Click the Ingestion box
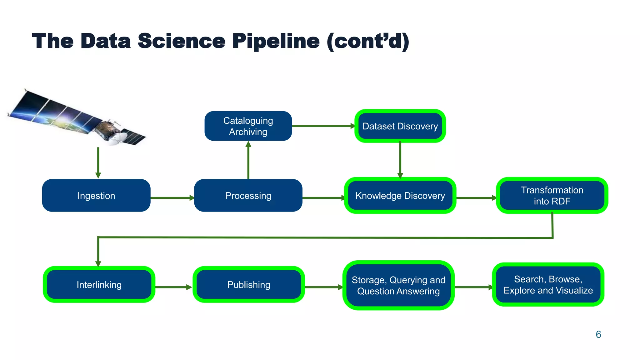(96, 196)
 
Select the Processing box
(248, 196)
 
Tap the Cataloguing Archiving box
(248, 126)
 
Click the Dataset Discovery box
(400, 126)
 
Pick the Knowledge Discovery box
(400, 196)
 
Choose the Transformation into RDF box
(552, 196)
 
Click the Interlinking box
(99, 285)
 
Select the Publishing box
(249, 285)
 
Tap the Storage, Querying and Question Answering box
(398, 285)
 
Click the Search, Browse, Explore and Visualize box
(548, 285)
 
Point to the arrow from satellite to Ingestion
(98, 162)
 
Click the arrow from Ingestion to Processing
(172, 198)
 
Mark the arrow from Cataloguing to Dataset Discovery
(323, 126)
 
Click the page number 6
(598, 334)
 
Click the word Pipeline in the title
(276, 41)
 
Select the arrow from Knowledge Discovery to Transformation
(476, 198)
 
